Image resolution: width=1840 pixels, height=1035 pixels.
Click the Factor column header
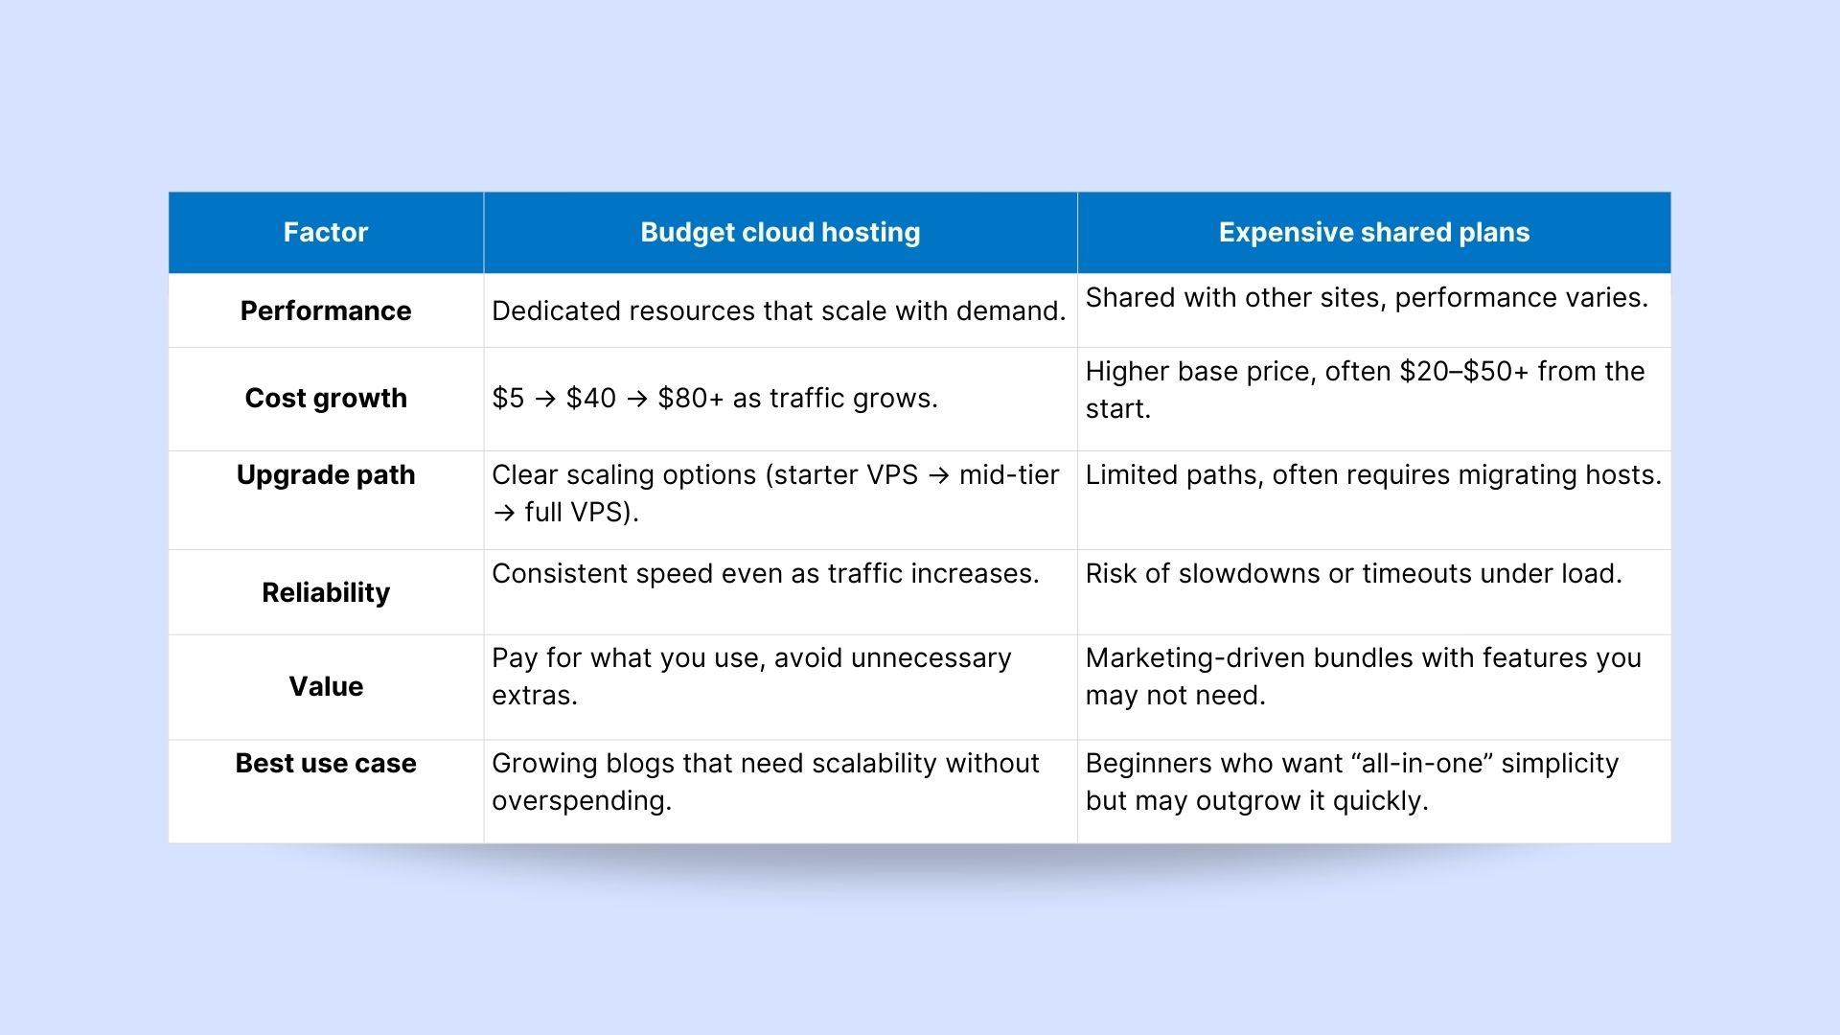[326, 232]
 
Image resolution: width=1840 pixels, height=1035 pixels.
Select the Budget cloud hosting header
[780, 233]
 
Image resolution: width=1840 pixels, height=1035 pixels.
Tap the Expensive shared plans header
[1374, 233]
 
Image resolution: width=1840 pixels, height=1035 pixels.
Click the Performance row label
[326, 310]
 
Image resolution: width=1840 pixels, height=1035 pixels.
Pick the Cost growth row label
[326, 399]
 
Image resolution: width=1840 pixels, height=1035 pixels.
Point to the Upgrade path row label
[326, 475]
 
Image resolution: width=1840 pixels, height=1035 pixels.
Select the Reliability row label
[326, 592]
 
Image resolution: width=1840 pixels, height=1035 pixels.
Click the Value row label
[326, 686]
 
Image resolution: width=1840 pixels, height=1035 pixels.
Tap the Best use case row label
[326, 763]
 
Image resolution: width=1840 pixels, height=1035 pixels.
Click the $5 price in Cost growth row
[508, 398]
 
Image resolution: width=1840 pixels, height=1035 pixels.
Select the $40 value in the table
[591, 398]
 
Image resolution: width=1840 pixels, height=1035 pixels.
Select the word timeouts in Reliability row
[1416, 573]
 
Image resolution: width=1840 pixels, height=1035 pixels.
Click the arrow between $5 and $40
[545, 399]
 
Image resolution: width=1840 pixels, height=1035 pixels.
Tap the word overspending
[582, 801]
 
